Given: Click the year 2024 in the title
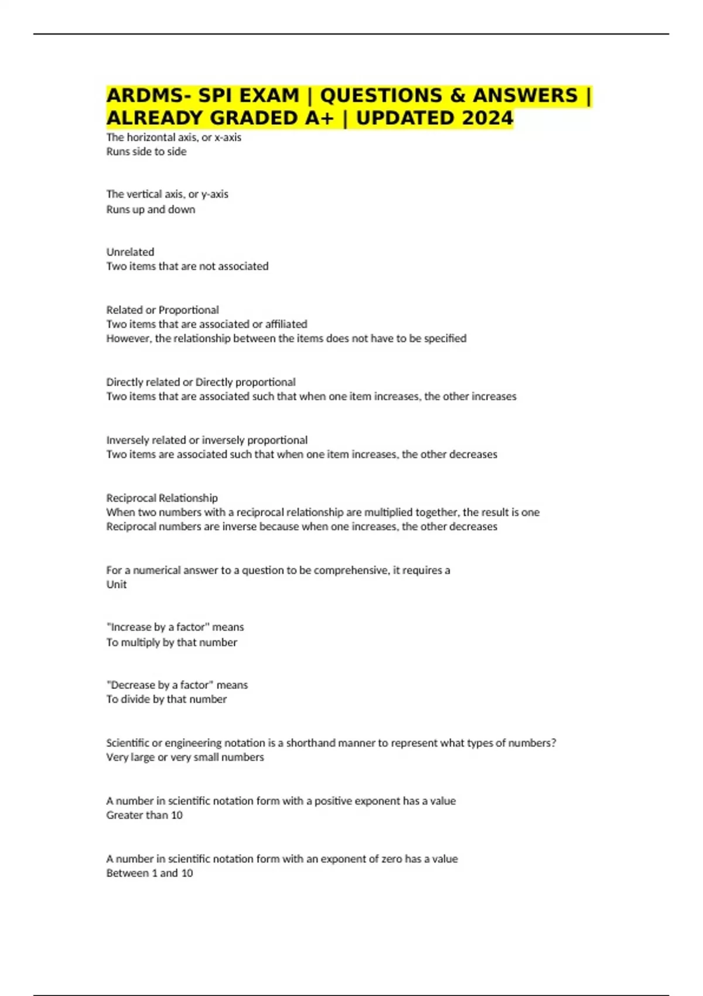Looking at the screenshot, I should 487,118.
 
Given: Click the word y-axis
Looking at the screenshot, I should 214,195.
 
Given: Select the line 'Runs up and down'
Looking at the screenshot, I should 151,210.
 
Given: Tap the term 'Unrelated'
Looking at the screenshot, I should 130,252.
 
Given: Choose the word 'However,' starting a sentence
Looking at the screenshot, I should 129,339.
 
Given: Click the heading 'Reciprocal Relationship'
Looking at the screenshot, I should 162,498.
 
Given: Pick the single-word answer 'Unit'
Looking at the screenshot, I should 116,585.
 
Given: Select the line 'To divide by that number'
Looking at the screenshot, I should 166,700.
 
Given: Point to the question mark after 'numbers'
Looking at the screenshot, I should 554,743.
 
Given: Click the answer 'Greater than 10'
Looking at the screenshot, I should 144,816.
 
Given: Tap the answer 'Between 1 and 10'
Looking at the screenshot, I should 149,874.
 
